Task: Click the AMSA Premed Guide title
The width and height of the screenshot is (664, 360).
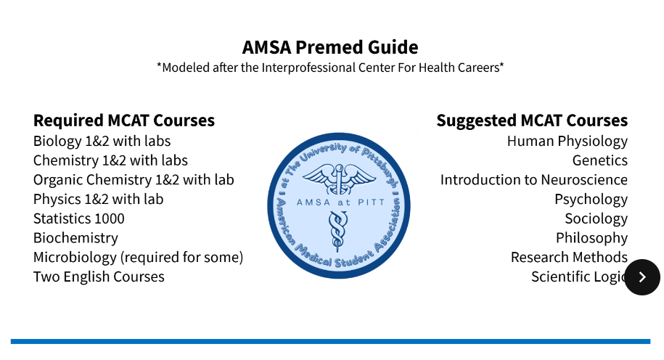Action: click(330, 48)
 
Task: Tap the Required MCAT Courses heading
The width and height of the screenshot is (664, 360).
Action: click(124, 120)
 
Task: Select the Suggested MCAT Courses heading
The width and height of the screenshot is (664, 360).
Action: click(532, 120)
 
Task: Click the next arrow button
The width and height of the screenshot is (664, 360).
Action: click(642, 277)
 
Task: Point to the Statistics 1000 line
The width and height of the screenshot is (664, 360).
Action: click(79, 218)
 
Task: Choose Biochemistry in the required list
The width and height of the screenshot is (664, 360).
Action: click(75, 238)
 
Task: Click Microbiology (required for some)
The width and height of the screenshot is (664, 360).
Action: click(138, 258)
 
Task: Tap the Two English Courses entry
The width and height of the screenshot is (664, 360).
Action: click(99, 277)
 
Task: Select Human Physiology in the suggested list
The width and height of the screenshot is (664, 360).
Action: click(567, 141)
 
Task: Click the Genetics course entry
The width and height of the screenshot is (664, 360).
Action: click(599, 160)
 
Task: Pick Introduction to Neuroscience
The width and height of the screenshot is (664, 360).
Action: click(533, 180)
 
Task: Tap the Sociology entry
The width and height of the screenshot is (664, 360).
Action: click(596, 218)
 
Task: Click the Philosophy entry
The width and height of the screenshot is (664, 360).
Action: click(591, 238)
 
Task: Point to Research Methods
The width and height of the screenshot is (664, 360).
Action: click(569, 258)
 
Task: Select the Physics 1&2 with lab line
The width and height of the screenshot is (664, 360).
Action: click(99, 199)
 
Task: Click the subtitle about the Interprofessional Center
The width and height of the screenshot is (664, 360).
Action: click(330, 67)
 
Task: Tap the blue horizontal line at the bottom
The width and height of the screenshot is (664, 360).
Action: click(330, 341)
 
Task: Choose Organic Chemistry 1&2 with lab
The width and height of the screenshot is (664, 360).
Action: click(134, 180)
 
